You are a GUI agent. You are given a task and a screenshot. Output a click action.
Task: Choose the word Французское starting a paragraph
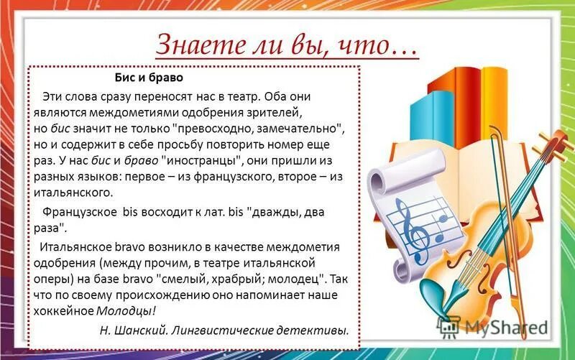78,213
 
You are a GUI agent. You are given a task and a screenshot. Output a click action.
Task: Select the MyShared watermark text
496,328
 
